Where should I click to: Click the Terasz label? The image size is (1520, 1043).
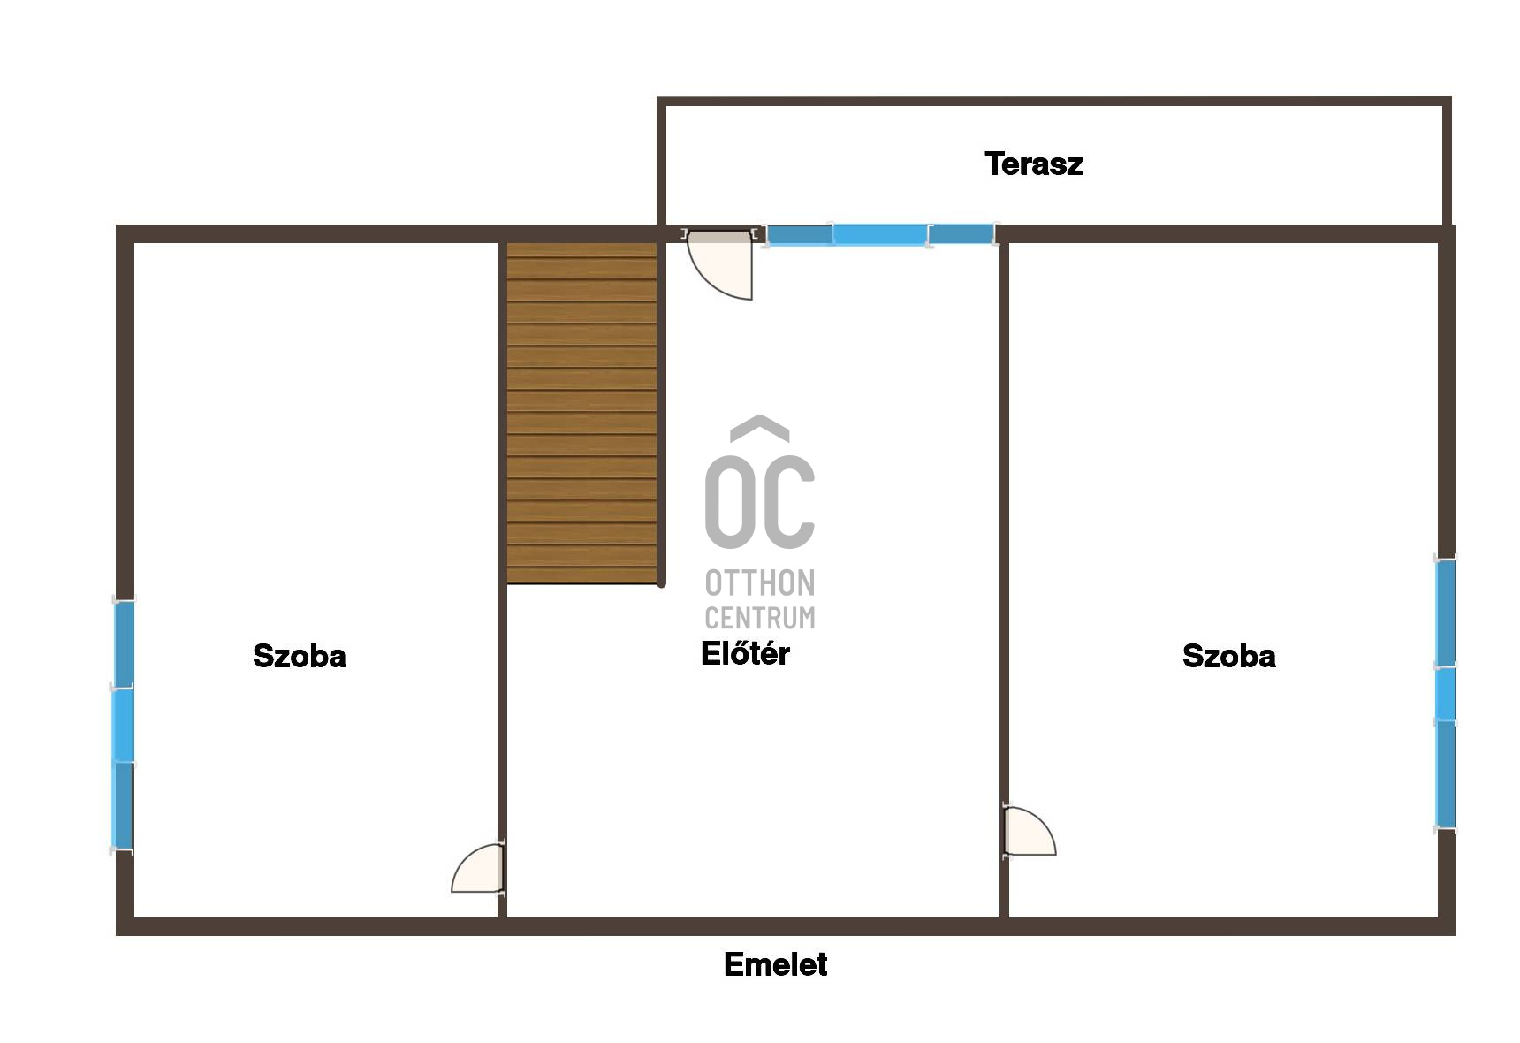pos(1033,164)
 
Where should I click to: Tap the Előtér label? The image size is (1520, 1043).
pos(745,653)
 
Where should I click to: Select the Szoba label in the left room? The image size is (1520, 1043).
pos(300,656)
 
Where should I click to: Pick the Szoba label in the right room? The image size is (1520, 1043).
pos(1229,656)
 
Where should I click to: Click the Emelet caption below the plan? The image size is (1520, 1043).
pos(775,964)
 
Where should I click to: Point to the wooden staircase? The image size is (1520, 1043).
pos(581,413)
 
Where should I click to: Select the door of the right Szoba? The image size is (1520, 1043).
pos(1029,831)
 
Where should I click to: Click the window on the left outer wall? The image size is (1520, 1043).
pos(124,726)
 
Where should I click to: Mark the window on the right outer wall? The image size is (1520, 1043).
pos(1445,694)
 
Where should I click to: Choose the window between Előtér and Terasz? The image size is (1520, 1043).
pos(880,235)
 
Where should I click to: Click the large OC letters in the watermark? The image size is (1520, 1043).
pos(760,500)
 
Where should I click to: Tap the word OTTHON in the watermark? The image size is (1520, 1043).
pos(760,583)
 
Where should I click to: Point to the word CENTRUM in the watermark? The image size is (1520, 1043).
pos(760,617)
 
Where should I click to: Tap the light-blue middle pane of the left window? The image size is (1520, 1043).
pos(124,725)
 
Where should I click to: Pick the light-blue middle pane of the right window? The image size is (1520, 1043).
pos(1445,694)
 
